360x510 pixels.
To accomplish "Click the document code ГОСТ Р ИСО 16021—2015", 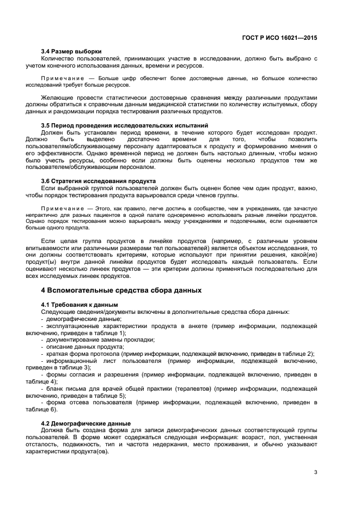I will click(280, 38).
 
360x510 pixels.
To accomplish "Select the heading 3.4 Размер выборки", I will click(71, 51).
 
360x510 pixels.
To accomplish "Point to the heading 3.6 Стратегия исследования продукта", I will click(99, 181).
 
